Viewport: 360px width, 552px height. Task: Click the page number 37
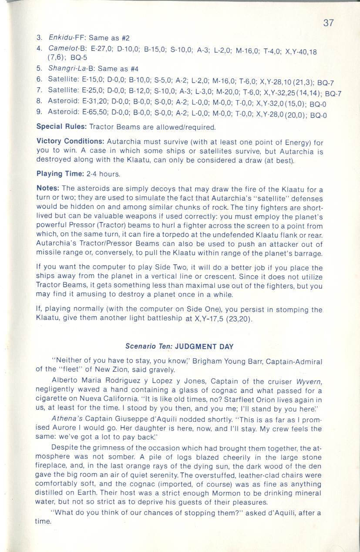[x=328, y=23]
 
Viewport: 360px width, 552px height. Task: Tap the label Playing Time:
[x=60, y=174]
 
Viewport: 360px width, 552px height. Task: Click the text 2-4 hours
[x=103, y=174]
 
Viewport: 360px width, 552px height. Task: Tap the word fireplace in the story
[x=51, y=466]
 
